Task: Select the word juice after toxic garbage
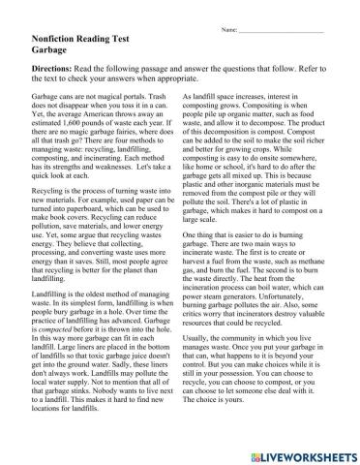coord(158,383)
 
